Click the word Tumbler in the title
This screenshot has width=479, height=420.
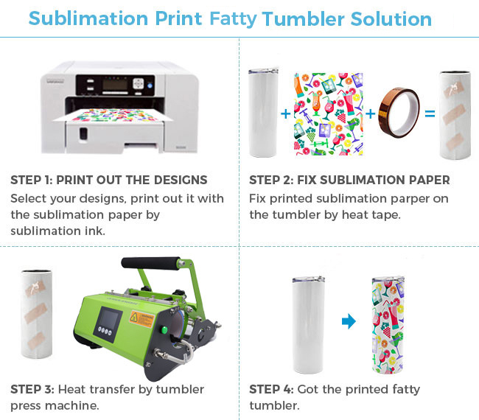(303, 18)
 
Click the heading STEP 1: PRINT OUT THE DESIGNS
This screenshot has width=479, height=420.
(109, 180)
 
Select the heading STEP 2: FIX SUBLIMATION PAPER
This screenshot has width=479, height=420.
(349, 180)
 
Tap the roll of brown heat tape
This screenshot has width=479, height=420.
(399, 112)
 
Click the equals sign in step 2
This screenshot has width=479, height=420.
(430, 113)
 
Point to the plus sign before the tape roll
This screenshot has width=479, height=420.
(370, 113)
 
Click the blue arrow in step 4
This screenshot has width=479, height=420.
(349, 321)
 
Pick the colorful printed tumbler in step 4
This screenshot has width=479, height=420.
(388, 325)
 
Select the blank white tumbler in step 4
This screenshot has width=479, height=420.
(309, 325)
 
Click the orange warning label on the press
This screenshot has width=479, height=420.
(141, 319)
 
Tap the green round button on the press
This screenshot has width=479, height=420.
(164, 330)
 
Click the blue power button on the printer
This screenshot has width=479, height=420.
(150, 85)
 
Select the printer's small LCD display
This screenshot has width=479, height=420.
(115, 84)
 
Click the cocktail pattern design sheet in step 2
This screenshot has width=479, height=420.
(328, 114)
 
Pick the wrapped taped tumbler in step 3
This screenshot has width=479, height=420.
(36, 314)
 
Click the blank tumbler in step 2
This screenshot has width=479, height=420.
(263, 113)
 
